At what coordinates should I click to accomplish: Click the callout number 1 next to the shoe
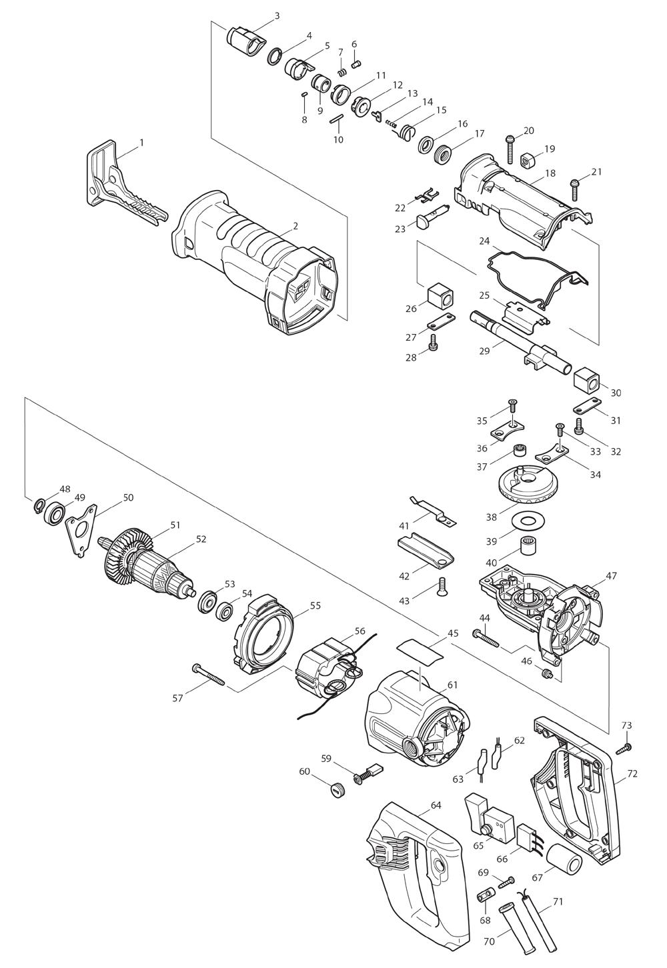coord(141,142)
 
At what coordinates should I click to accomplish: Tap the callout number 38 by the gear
coord(492,517)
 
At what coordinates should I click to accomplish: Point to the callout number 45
coord(453,633)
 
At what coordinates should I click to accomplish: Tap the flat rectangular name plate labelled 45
coord(420,655)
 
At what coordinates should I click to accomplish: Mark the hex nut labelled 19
coord(526,161)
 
